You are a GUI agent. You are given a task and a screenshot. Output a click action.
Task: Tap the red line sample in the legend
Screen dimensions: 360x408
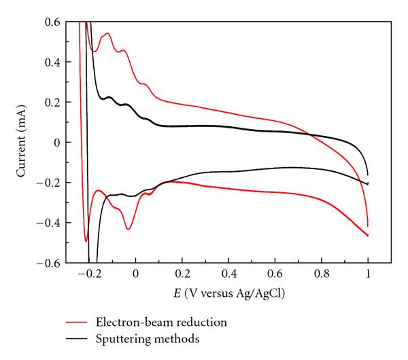[x=78, y=321]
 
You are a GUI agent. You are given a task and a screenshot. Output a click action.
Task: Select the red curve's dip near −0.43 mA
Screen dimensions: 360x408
[x=128, y=229]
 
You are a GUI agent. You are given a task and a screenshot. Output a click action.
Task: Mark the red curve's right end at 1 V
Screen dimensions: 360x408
[x=368, y=235]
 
